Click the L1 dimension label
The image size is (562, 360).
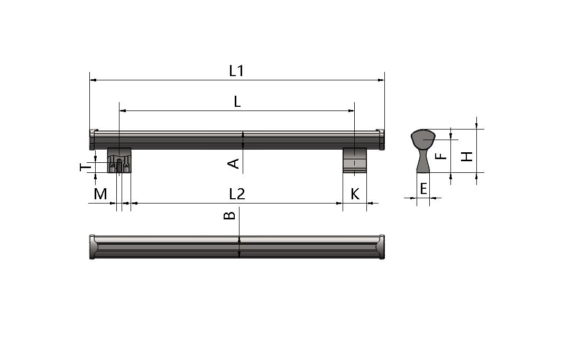[x=236, y=71]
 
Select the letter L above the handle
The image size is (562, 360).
[x=237, y=101]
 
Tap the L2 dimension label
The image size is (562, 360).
[x=237, y=194]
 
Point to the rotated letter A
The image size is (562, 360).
[x=233, y=164]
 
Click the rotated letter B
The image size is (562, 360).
[x=229, y=215]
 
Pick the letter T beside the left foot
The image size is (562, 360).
[x=85, y=167]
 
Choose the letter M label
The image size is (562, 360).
[x=100, y=194]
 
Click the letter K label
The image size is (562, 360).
[x=355, y=194]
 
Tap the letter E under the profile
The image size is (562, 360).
[x=423, y=188]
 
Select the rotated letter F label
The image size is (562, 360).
[x=441, y=156]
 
